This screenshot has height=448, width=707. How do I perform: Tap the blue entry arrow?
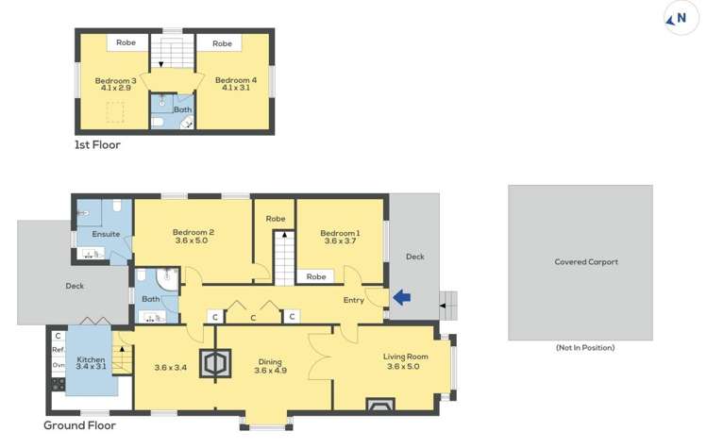(x=402, y=298)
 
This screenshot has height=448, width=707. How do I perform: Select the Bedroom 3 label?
(x=115, y=81)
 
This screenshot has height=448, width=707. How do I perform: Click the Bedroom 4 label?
(x=235, y=81)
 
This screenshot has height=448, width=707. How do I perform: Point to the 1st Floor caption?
(x=97, y=145)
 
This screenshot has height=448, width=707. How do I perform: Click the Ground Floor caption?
(x=79, y=425)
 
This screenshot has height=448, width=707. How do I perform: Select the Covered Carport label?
(x=586, y=262)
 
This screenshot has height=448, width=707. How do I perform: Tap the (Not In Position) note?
(x=585, y=348)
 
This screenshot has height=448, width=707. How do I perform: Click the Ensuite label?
(x=92, y=234)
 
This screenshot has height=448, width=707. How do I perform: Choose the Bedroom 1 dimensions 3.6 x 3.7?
(x=340, y=241)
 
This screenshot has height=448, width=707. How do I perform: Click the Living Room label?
(x=406, y=357)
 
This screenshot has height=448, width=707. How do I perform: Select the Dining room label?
(x=270, y=360)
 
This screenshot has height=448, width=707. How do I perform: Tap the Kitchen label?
(x=91, y=359)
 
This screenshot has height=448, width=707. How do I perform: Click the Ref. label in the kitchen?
(x=58, y=350)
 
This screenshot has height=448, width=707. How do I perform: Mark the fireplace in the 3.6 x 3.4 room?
(x=215, y=364)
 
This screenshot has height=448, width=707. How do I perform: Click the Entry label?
(x=354, y=300)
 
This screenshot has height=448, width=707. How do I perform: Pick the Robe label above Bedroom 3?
(x=126, y=43)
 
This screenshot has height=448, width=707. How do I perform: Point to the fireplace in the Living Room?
(x=380, y=406)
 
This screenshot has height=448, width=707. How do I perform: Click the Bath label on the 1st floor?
(x=181, y=109)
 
